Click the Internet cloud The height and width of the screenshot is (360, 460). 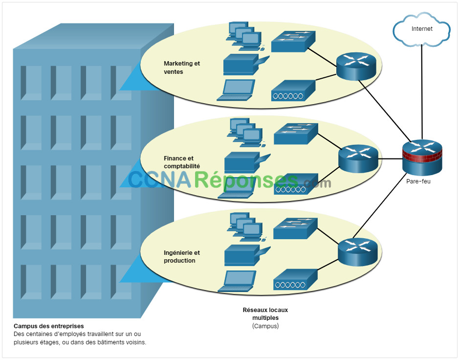click(x=421, y=29)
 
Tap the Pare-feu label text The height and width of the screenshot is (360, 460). click(x=418, y=181)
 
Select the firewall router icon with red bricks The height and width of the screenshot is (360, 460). click(x=422, y=157)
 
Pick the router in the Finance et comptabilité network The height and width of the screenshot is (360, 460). click(x=358, y=158)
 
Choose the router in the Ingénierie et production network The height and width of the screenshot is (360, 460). click(x=358, y=252)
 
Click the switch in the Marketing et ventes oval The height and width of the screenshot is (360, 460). click(x=293, y=42)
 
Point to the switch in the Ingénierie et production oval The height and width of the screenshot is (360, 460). click(x=295, y=228)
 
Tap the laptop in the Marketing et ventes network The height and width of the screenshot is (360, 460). click(x=236, y=90)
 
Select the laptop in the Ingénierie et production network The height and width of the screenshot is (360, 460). click(x=237, y=281)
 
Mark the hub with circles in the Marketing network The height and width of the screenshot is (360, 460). click(x=293, y=90)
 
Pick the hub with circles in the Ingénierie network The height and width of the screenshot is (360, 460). click(x=295, y=280)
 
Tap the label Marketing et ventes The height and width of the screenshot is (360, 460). click(x=182, y=67)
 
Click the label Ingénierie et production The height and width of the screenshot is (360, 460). click(x=182, y=257)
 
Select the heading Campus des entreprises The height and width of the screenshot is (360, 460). click(x=49, y=326)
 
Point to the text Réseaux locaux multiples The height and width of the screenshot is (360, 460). click(x=265, y=314)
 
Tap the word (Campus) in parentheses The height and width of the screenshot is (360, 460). click(x=265, y=326)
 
